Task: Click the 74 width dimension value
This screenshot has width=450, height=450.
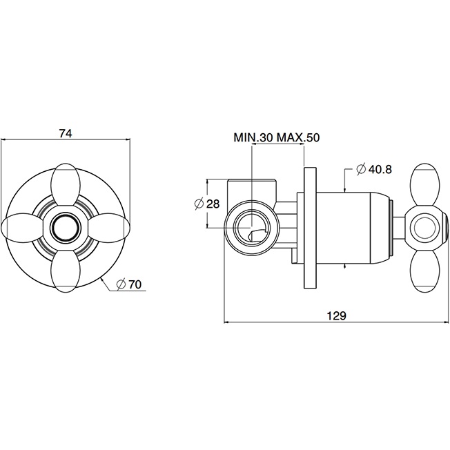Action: click(x=66, y=134)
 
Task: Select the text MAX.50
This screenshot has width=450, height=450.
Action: click(x=299, y=137)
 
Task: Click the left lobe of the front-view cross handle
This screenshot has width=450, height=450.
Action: click(x=24, y=226)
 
